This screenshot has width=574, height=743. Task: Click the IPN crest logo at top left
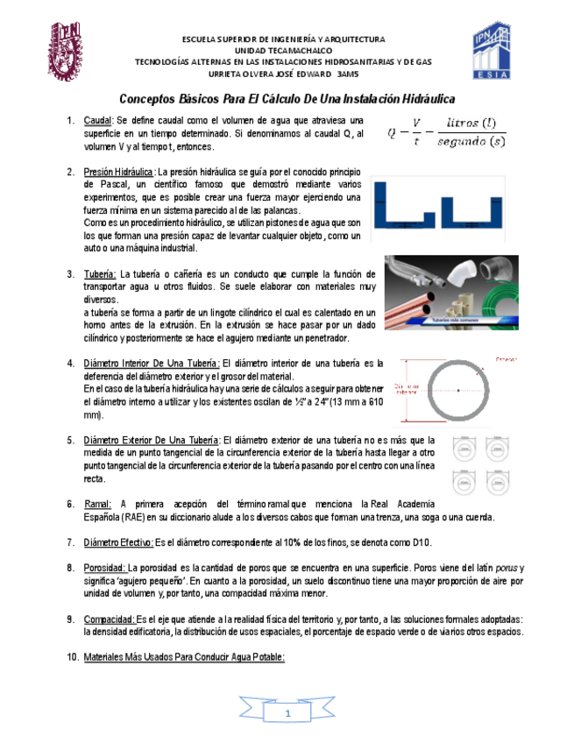[66, 49]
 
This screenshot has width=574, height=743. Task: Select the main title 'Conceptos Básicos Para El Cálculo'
[287, 100]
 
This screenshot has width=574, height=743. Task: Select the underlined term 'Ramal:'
[97, 504]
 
